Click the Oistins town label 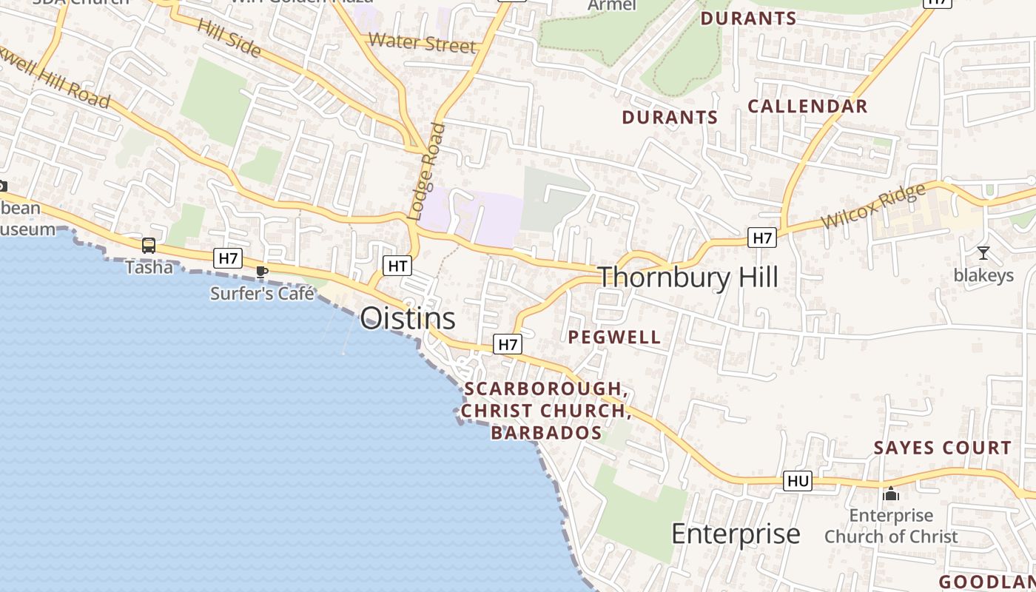(407, 319)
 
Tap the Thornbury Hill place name (687, 277)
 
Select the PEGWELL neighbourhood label (614, 337)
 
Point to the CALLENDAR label (807, 107)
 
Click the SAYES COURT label (942, 448)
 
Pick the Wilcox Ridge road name (873, 206)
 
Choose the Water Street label (422, 43)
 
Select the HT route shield (397, 266)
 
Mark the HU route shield (798, 481)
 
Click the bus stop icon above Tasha (149, 246)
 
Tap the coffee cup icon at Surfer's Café (261, 272)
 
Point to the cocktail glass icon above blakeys (983, 253)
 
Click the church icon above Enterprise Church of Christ (891, 493)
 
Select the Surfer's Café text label (263, 293)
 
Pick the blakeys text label (983, 276)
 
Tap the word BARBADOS (546, 433)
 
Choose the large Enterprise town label (736, 534)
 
